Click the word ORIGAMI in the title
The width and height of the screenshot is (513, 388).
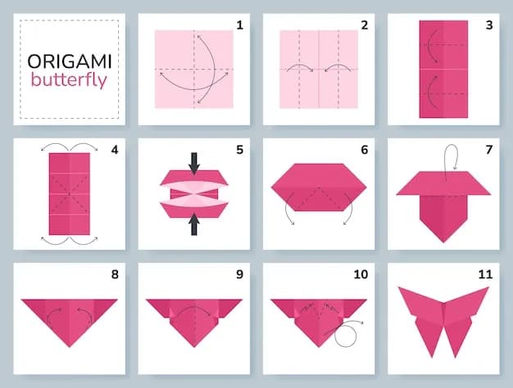pyautogui.click(x=70, y=61)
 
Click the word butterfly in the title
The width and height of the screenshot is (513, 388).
pyautogui.click(x=69, y=80)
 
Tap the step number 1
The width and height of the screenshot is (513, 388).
pyautogui.click(x=240, y=25)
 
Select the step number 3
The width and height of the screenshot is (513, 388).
pyautogui.click(x=489, y=25)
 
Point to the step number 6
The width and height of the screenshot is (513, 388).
pyautogui.click(x=365, y=150)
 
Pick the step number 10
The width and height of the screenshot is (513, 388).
pyautogui.click(x=361, y=274)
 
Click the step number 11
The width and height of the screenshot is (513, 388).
pyautogui.click(x=485, y=274)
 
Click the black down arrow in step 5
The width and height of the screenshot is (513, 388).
pyautogui.click(x=194, y=164)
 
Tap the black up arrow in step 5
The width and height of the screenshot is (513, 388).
pyautogui.click(x=194, y=224)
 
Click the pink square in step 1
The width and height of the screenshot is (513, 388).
pyautogui.click(x=194, y=69)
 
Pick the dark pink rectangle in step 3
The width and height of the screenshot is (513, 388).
pyautogui.click(x=443, y=69)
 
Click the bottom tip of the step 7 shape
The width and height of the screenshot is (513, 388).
pyautogui.click(x=443, y=242)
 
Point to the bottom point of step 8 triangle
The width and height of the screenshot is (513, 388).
pyautogui.click(x=70, y=347)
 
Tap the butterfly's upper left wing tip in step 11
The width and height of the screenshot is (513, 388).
pyautogui.click(x=399, y=287)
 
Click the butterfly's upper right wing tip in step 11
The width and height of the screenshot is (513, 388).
pyautogui.click(x=488, y=287)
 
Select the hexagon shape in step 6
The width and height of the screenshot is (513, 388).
pyautogui.click(x=319, y=187)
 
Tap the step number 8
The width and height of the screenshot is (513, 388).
pyautogui.click(x=115, y=274)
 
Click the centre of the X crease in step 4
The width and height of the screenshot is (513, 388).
pyautogui.click(x=70, y=194)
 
